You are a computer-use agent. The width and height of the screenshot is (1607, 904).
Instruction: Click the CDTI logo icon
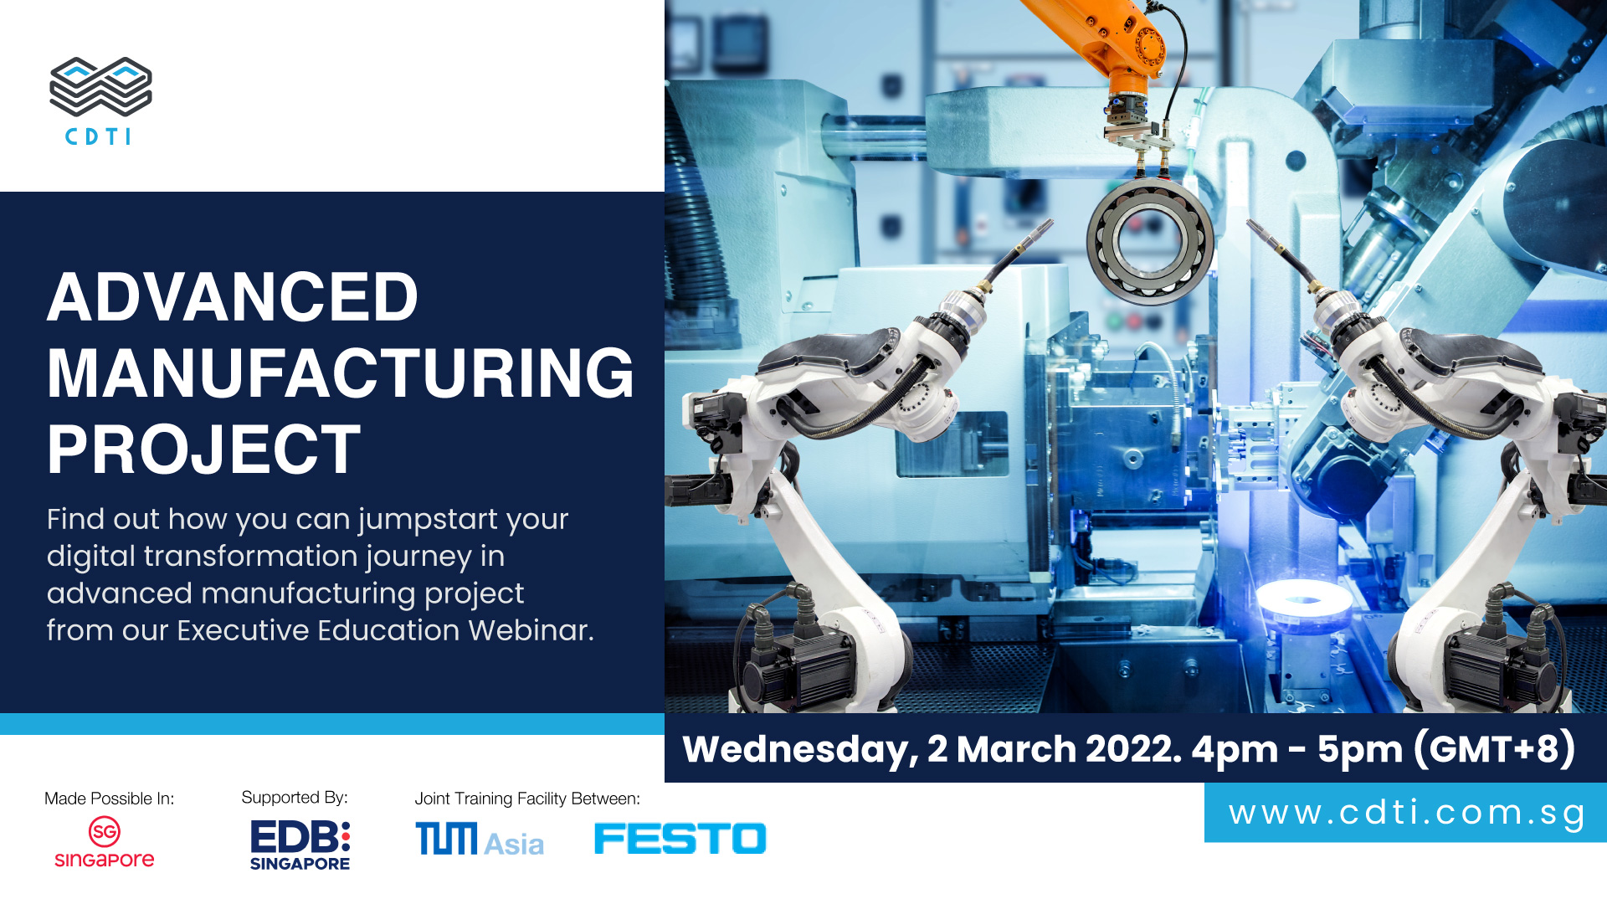[100, 86]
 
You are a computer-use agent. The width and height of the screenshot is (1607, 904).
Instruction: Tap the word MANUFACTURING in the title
[341, 373]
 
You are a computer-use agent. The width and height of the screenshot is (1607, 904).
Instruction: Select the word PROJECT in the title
[203, 449]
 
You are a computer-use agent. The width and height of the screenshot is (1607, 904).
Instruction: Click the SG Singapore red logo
[105, 842]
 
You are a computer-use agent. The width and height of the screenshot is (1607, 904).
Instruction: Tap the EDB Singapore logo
[300, 845]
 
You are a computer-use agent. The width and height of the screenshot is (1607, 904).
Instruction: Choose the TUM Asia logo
[480, 840]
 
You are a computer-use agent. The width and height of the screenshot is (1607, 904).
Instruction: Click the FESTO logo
[680, 839]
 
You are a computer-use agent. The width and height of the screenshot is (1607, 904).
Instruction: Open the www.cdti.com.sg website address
[1407, 813]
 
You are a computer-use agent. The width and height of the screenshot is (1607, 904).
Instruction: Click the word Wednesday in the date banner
[801, 750]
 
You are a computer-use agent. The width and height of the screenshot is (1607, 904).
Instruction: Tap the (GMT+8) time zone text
[1495, 748]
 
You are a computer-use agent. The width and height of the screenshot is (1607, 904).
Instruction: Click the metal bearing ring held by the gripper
[1150, 240]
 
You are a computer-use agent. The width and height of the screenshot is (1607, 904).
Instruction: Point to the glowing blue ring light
[1304, 599]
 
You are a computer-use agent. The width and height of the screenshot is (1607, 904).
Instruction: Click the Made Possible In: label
[109, 799]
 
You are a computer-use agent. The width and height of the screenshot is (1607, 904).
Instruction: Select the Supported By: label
[295, 798]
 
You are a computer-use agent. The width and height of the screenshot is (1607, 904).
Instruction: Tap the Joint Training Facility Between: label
[527, 799]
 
